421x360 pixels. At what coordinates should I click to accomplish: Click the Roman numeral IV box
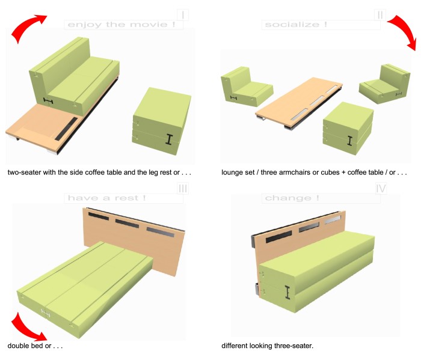381,188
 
